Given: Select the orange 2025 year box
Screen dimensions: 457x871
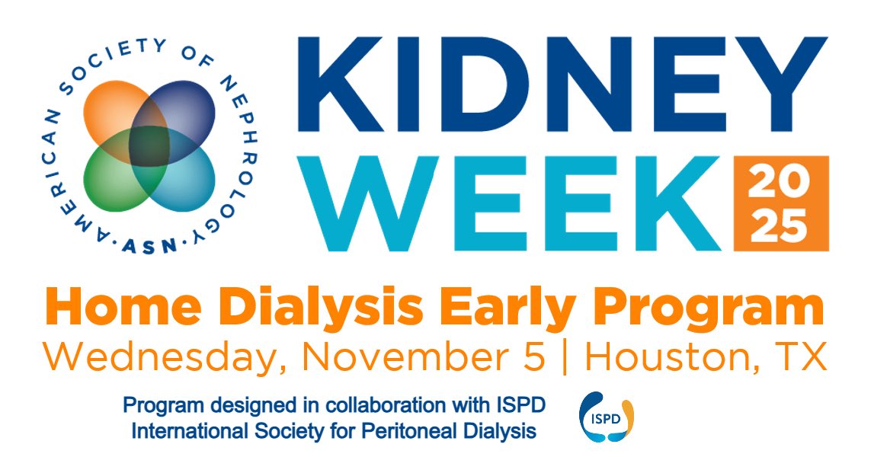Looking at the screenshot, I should pyautogui.click(x=780, y=203).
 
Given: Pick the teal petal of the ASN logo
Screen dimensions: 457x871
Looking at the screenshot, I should pyautogui.click(x=178, y=177).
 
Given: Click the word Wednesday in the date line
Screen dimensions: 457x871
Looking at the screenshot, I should pyautogui.click(x=157, y=356).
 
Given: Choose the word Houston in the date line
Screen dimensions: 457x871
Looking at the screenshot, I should pyautogui.click(x=671, y=356).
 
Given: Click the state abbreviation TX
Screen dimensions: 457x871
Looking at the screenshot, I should pyautogui.click(x=802, y=356).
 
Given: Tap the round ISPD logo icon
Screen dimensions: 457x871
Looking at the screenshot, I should pyautogui.click(x=607, y=417).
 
